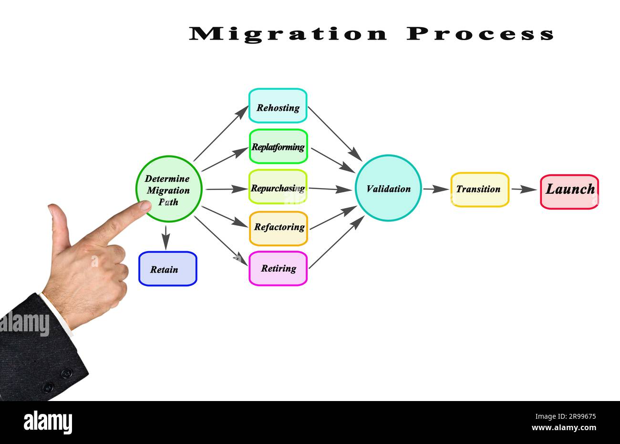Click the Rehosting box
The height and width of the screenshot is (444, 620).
(278, 106)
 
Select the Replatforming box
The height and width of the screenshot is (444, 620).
(278, 147)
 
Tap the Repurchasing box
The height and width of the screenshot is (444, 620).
(278, 187)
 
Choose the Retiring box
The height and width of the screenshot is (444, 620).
(278, 268)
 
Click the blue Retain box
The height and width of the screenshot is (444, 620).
(167, 269)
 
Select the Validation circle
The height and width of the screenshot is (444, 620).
(388, 188)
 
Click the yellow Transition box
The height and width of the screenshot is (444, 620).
(479, 190)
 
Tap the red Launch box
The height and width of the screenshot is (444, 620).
(569, 191)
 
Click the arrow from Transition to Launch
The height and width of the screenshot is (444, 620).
(524, 190)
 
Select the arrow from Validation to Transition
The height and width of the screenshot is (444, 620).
(435, 190)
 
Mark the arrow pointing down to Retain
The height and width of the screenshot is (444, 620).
(165, 237)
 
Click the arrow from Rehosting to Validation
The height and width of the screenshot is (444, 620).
(334, 133)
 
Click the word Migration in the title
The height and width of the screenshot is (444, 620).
(288, 34)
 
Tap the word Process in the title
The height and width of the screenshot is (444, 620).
(481, 34)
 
